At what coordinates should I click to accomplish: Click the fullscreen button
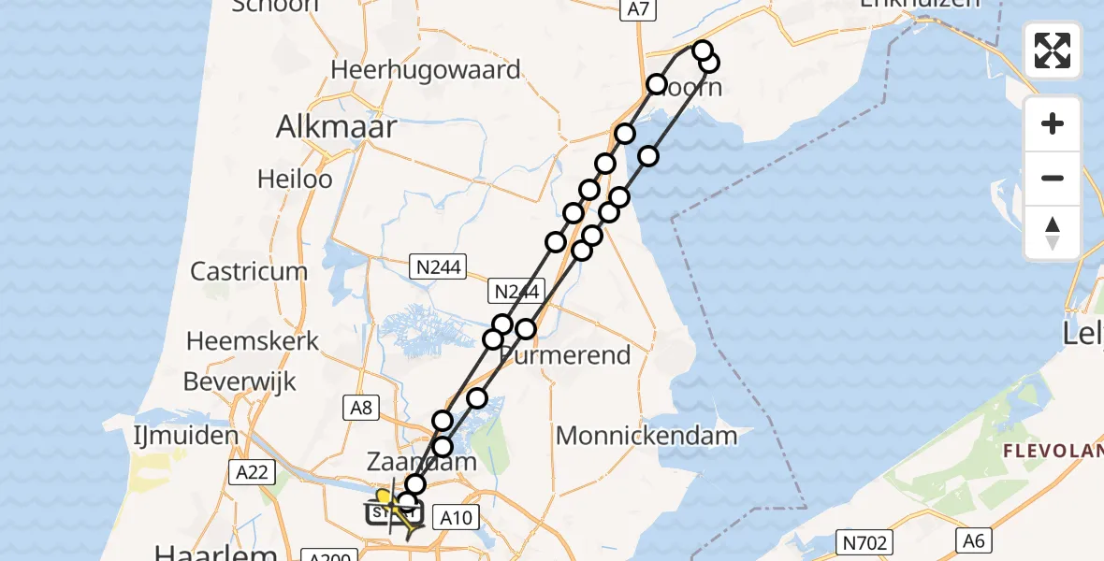[1053, 50]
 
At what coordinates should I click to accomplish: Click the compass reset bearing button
[1053, 233]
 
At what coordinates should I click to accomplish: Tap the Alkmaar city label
[336, 128]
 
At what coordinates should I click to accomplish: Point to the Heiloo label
[296, 179]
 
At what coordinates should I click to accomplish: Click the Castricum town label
[249, 271]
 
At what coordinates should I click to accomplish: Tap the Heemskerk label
[253, 340]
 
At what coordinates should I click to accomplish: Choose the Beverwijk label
[240, 381]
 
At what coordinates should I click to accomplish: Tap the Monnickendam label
[646, 435]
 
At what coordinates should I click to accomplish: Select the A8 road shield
[362, 407]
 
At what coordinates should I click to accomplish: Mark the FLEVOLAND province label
[1053, 452]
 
